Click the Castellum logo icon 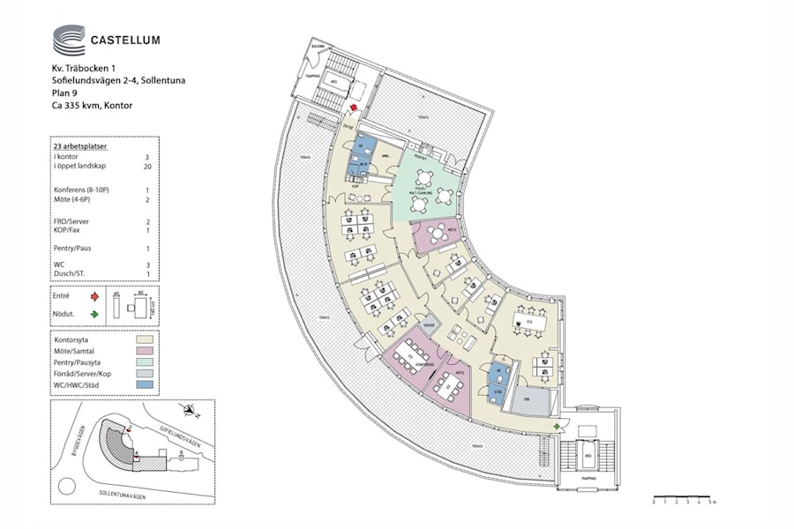click(x=69, y=40)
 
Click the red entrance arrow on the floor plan click(x=354, y=108)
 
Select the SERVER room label click(x=430, y=325)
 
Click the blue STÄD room click(x=498, y=383)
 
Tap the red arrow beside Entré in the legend click(x=94, y=298)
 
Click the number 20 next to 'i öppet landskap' click(x=147, y=165)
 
